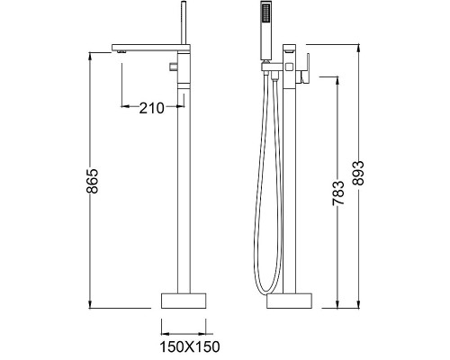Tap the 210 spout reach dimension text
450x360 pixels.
[151, 109]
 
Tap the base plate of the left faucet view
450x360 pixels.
[186, 299]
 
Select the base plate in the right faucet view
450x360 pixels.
[291, 299]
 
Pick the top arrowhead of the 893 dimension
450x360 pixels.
[361, 44]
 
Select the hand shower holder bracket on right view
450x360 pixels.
[267, 67]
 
